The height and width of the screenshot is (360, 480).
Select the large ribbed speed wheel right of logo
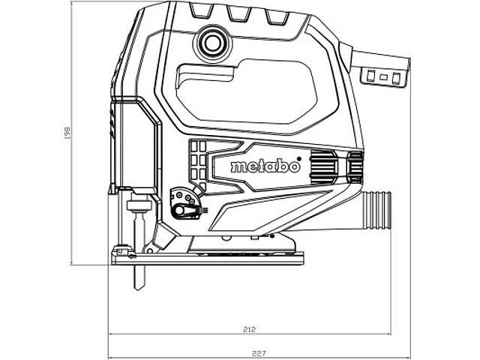pyautogui.click(x=323, y=166)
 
